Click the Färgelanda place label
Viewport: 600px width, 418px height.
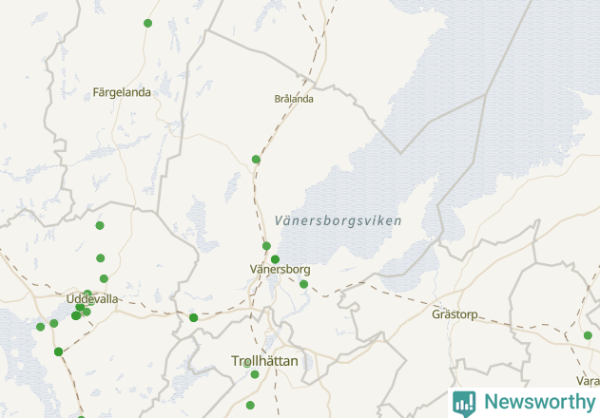coord(122,92)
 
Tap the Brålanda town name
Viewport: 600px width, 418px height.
coord(294,98)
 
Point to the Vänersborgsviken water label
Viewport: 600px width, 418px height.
coord(338,220)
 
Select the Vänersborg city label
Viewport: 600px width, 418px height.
coord(280,269)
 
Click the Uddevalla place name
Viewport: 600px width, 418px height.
coord(92,298)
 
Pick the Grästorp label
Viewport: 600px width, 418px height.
coord(454,313)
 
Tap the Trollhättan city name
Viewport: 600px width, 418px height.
coord(265,361)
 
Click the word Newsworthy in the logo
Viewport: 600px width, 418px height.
coord(538,402)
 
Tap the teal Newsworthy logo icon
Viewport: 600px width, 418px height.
coord(464,403)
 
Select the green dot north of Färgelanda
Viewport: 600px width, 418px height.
coord(147,23)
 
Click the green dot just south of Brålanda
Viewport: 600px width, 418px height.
coord(256,159)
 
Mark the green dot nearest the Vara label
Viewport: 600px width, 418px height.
coord(588,335)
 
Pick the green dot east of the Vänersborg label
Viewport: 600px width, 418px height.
coord(303,284)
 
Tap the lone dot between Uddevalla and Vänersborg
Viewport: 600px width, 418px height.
coord(193,317)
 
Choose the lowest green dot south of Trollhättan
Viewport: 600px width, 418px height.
coord(250,406)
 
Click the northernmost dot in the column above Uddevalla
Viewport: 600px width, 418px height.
coord(100,225)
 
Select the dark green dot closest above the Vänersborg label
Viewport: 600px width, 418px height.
coord(275,259)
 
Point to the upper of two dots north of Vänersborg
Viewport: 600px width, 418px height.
coord(266,246)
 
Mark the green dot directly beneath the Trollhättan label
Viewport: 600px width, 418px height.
coord(255,374)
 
